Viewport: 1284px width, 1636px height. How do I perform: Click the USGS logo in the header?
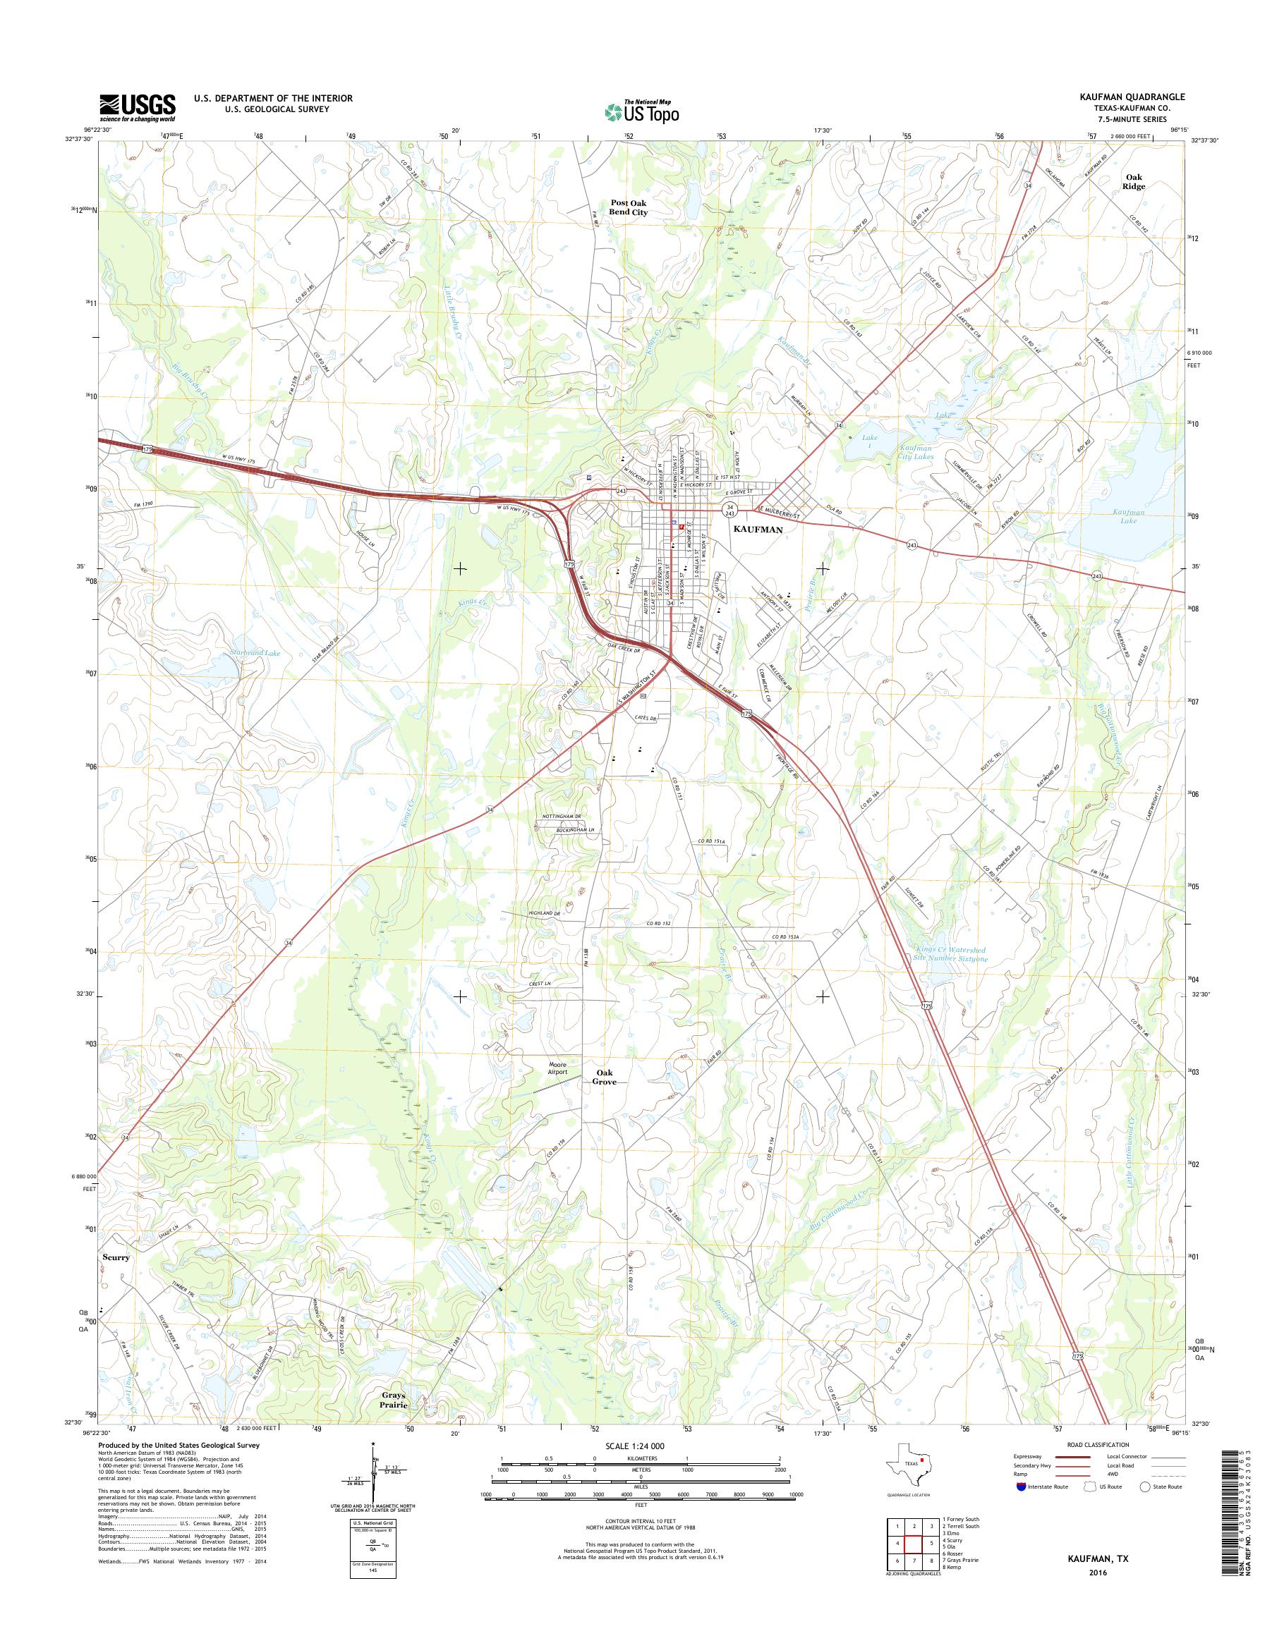point(138,107)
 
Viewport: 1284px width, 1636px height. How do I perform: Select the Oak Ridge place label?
point(1134,181)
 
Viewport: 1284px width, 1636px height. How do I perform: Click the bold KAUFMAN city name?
point(758,529)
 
